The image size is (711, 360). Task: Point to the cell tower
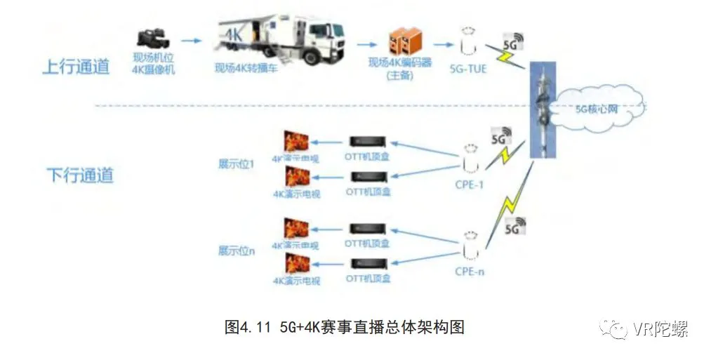[541, 112]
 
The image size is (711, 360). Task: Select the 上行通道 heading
[77, 67]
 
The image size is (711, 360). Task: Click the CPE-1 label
[469, 186]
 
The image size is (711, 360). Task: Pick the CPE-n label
[469, 271]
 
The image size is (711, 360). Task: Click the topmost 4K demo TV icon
[295, 141]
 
